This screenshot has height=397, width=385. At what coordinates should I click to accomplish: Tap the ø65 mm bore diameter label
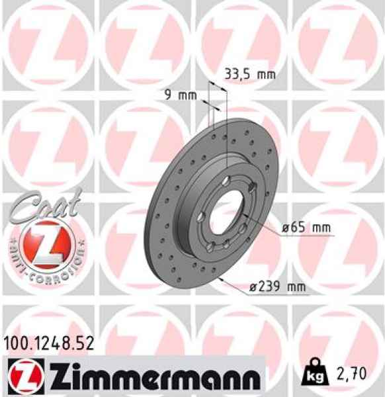click(305, 228)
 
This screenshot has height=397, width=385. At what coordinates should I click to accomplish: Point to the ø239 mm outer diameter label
click(277, 287)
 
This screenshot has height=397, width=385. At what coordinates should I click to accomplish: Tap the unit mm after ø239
click(296, 287)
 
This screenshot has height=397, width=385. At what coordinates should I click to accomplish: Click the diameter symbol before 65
click(285, 228)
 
